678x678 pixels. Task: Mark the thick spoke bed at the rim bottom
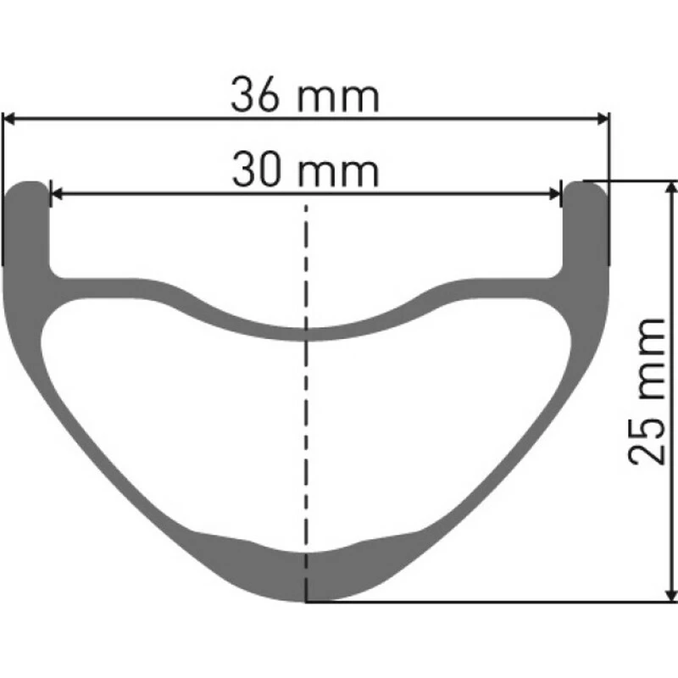coord(307,572)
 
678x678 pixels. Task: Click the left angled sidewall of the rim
coord(93,441)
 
